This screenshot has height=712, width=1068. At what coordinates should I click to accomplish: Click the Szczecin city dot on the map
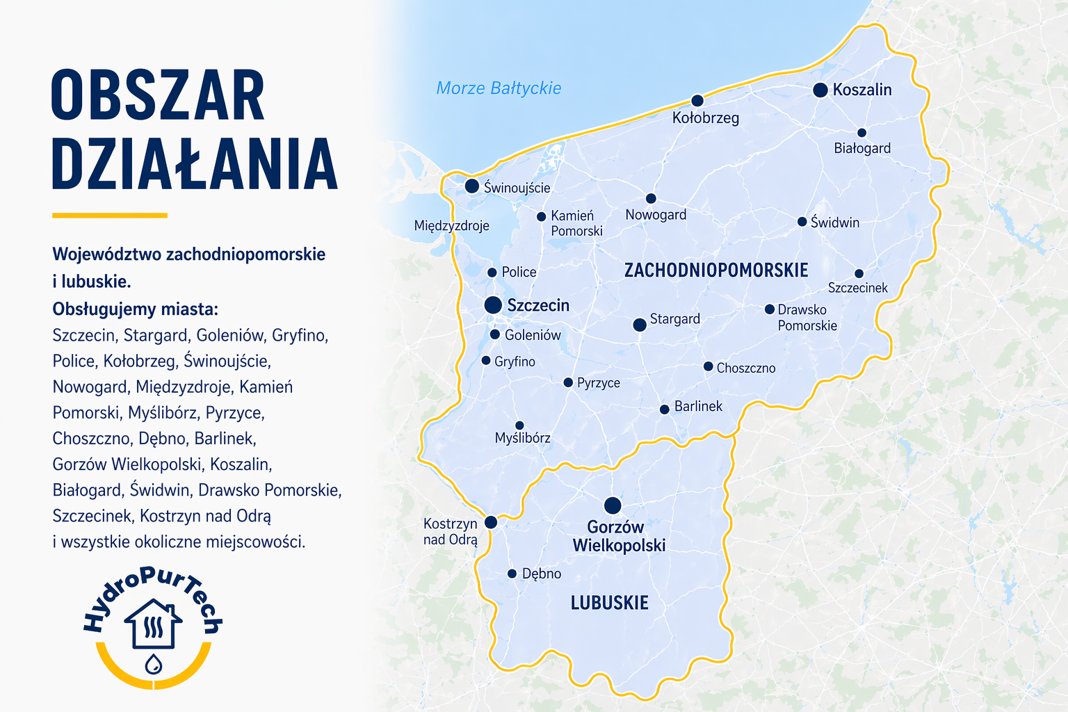[493, 305]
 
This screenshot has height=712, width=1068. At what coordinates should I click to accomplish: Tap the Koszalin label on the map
[861, 90]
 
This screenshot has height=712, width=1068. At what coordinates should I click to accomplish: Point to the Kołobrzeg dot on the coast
[697, 101]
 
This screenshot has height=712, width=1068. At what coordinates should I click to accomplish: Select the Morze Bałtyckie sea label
[499, 88]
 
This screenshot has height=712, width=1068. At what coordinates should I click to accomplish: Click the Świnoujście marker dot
[472, 186]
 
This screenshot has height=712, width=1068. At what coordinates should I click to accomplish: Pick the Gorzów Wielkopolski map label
[618, 536]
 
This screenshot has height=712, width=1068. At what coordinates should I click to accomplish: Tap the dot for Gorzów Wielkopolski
[613, 505]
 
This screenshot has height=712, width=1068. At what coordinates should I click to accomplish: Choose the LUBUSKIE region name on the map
[609, 603]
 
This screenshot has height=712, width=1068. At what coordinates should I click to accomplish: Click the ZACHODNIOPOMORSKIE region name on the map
[716, 270]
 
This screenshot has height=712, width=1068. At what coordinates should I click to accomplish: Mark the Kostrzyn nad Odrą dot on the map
[491, 522]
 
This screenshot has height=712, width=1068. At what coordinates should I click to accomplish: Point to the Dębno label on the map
[541, 574]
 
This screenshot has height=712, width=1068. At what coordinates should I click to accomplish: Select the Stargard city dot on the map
[640, 325]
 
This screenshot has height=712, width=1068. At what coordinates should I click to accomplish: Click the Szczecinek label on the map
[857, 288]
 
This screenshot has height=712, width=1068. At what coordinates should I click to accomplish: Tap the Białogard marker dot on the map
[861, 133]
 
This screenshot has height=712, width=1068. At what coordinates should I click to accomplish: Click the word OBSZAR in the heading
[158, 95]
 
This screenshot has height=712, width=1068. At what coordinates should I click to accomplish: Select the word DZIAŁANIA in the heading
[195, 164]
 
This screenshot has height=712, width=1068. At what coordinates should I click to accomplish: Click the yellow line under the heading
[110, 216]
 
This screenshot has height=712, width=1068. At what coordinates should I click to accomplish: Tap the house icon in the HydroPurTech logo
[153, 624]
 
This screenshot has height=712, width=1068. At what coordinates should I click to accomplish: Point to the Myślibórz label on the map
[522, 438]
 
